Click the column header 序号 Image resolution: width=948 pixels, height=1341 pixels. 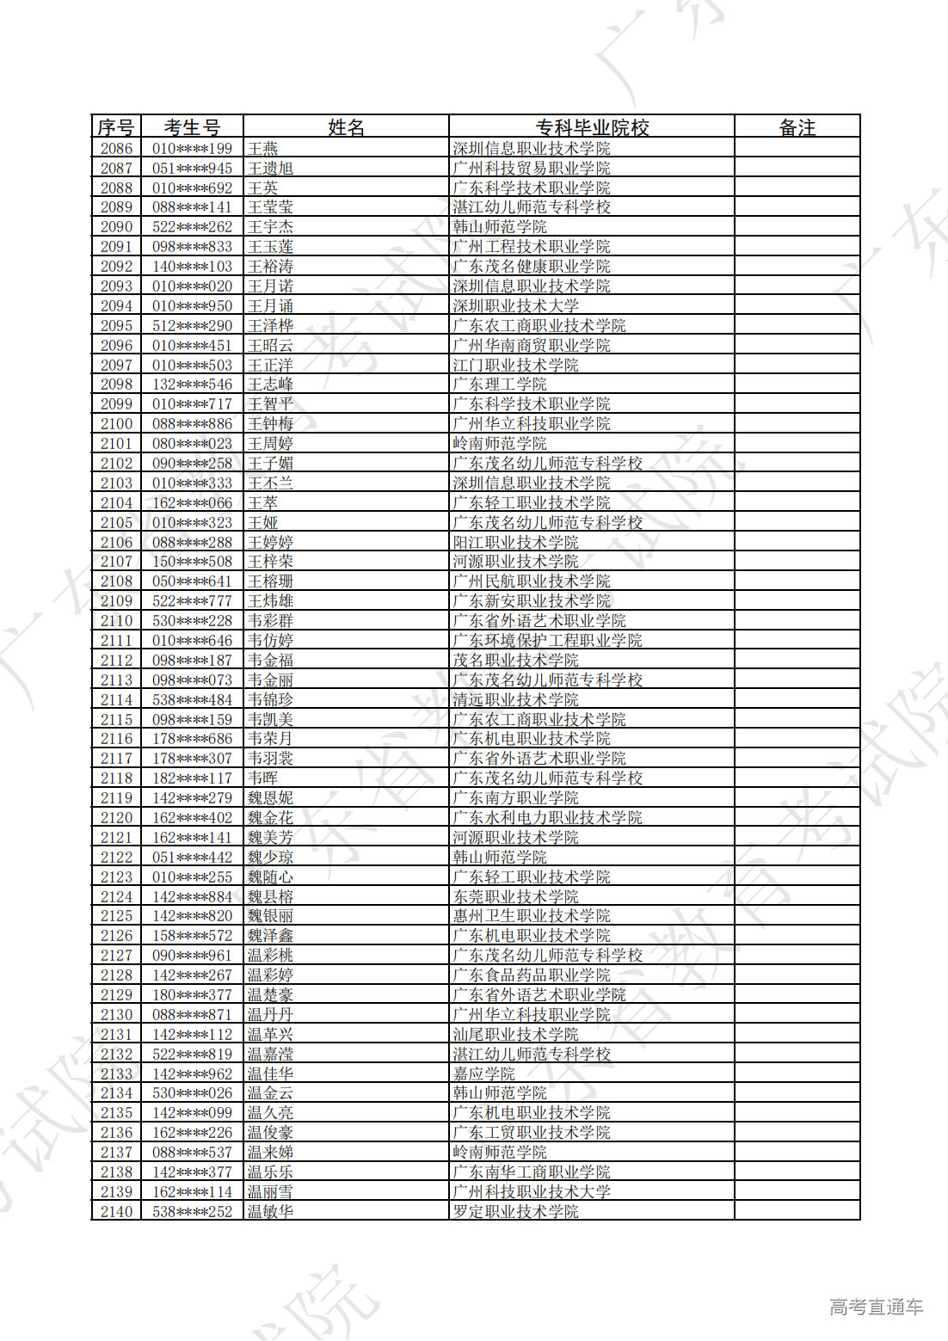(x=115, y=127)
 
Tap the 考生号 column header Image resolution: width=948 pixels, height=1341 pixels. (x=192, y=127)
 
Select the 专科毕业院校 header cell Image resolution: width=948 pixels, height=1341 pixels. (x=592, y=127)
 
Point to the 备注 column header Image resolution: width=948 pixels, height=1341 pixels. (x=797, y=127)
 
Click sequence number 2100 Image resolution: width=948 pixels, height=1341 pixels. (x=116, y=424)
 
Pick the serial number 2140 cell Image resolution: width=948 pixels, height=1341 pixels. (x=116, y=1212)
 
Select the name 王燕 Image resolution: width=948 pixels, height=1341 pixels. (x=263, y=149)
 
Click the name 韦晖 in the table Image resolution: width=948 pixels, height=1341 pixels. (x=263, y=778)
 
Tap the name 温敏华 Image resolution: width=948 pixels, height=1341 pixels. (x=270, y=1212)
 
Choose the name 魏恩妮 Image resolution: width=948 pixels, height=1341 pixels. (x=270, y=798)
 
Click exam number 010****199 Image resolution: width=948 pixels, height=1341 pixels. (x=192, y=149)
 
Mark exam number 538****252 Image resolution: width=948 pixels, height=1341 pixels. (x=192, y=1212)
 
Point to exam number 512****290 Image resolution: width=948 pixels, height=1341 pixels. (x=192, y=326)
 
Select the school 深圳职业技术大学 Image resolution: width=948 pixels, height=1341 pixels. (x=516, y=306)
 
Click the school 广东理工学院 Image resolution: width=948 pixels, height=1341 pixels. (x=500, y=384)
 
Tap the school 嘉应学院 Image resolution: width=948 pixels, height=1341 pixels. (x=483, y=1074)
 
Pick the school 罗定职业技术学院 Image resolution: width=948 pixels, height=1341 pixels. (x=516, y=1212)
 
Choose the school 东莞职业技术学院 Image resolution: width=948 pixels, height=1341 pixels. (x=516, y=897)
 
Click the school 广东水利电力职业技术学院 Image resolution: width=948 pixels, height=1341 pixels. (x=548, y=818)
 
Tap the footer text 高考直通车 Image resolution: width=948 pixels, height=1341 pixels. (x=876, y=1307)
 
